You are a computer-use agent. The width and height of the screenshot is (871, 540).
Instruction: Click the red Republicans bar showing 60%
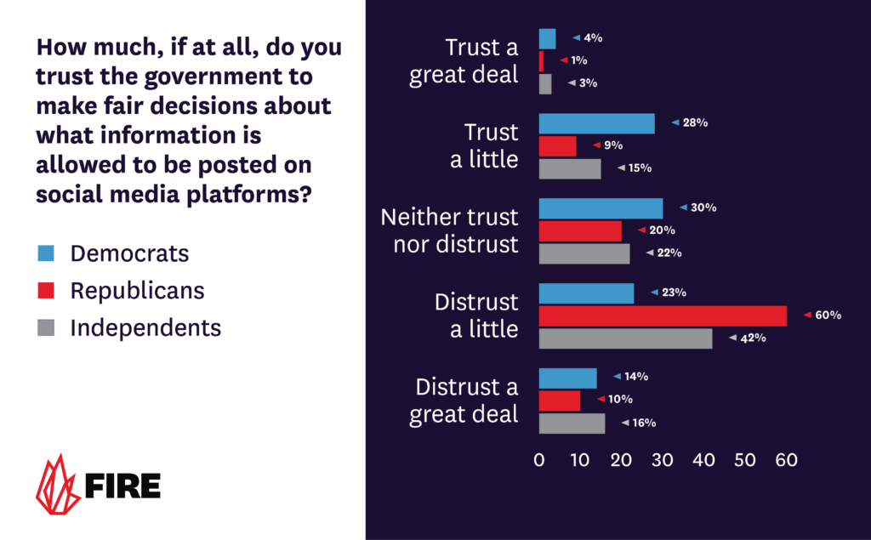pos(663,315)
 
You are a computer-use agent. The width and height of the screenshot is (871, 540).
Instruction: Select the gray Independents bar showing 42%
pos(626,338)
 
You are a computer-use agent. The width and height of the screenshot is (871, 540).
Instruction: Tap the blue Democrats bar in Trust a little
pos(597,123)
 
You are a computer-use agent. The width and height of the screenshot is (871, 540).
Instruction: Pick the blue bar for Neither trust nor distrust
pos(601,208)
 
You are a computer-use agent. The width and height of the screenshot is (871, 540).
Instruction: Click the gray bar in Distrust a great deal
pos(572,423)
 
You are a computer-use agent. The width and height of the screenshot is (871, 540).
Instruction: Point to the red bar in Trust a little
pos(558,146)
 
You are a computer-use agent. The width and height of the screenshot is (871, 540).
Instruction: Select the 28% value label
pos(695,123)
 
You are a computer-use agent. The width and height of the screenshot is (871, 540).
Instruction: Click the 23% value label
pos(674,293)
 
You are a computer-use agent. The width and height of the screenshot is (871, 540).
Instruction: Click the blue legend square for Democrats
pos(46,253)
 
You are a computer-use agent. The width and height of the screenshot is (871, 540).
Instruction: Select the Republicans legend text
pos(137,291)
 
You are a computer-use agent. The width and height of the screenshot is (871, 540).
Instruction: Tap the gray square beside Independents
pos(46,328)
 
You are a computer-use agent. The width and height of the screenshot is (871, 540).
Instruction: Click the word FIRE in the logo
pos(122,486)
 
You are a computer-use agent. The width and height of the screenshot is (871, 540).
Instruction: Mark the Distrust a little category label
pos(476,315)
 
